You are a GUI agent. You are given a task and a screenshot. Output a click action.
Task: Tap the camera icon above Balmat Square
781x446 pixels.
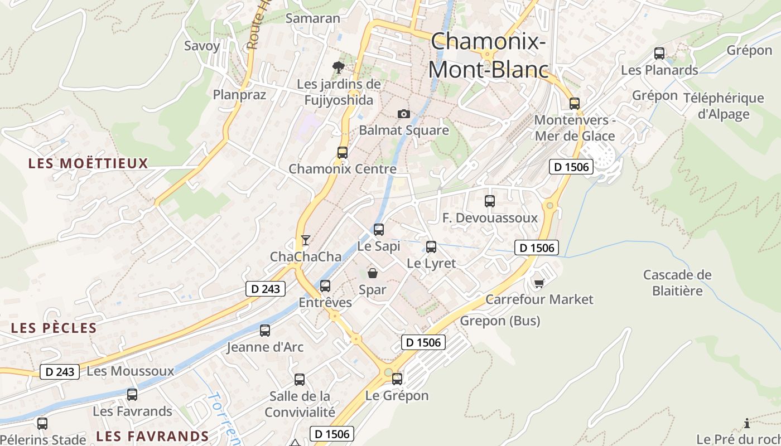point(404,114)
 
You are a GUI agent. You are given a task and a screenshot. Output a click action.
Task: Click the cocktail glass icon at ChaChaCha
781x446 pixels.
point(305,240)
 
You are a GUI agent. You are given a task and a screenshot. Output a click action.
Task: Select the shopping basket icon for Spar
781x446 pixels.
point(372,273)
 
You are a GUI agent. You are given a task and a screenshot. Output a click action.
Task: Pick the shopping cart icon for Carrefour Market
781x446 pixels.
point(539,283)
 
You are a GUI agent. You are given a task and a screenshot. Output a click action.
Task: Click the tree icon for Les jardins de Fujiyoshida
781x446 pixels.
point(338,67)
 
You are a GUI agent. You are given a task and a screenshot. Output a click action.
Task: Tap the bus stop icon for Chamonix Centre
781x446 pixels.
point(342,152)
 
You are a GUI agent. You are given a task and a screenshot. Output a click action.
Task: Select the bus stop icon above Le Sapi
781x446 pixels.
point(379,229)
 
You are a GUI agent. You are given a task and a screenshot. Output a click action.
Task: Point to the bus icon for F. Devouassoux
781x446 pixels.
point(490,201)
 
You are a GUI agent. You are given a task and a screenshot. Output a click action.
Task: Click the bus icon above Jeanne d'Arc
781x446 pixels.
point(265,331)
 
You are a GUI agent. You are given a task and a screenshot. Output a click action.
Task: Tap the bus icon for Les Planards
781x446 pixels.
point(659,54)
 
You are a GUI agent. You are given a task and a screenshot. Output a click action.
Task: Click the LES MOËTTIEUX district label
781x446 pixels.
point(88,163)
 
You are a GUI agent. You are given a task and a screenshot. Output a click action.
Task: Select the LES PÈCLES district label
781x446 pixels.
point(54,328)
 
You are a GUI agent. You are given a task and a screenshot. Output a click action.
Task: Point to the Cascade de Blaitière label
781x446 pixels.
point(677,283)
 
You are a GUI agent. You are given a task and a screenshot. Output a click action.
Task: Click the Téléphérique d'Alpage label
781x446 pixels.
point(724,106)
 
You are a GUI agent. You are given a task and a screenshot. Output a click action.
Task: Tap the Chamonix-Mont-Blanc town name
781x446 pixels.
point(488,55)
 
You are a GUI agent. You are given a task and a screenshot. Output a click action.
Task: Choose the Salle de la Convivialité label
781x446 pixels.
point(300,404)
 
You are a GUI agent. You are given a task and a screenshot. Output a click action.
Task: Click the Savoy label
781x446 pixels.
point(202,46)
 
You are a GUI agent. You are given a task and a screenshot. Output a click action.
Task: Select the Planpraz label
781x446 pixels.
point(239,94)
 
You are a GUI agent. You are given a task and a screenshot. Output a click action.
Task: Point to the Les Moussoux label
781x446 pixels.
point(131,371)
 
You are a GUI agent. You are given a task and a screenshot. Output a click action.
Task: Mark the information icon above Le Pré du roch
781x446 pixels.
point(747,423)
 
